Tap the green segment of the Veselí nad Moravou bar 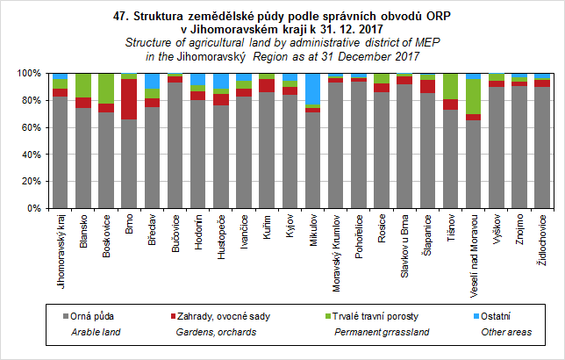pyautogui.click(x=473, y=97)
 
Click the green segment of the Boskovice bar pyautogui.click(x=106, y=88)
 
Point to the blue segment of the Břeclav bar pyautogui.click(x=152, y=81)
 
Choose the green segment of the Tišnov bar pyautogui.click(x=450, y=86)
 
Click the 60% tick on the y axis pyautogui.click(x=47, y=127)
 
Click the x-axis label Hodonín pyautogui.click(x=197, y=233)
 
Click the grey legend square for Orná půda pyautogui.click(x=65, y=315)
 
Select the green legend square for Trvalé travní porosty pyautogui.click(x=327, y=315)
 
